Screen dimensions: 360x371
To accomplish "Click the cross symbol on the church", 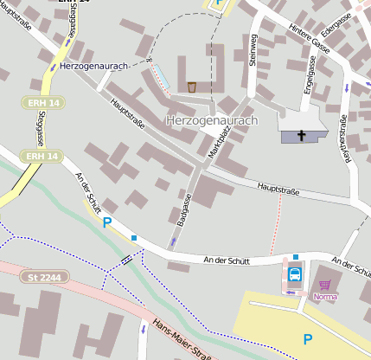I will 302,135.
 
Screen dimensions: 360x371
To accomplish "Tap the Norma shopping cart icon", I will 325,284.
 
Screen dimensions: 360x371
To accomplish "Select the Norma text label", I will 325,297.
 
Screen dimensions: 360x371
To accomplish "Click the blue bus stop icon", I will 295,276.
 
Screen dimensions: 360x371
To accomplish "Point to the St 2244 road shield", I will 45,277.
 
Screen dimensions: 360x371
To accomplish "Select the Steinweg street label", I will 253,49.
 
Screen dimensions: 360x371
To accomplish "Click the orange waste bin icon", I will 191,87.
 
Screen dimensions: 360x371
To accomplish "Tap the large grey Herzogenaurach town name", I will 211,120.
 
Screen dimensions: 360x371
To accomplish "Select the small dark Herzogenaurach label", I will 96,66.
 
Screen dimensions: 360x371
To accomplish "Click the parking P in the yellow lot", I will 307,339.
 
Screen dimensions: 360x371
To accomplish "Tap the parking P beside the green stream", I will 107,222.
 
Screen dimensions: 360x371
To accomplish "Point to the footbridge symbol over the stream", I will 127,259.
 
